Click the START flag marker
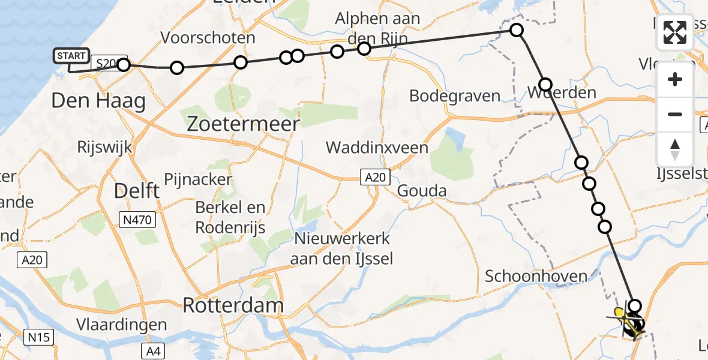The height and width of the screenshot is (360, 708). [71, 56]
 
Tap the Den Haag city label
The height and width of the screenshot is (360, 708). [98, 100]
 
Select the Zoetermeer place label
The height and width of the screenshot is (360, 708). [243, 124]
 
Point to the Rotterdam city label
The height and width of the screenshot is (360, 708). [232, 305]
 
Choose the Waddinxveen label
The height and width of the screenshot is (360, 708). [377, 148]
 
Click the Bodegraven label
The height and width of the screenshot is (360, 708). [455, 95]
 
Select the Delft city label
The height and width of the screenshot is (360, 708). [137, 191]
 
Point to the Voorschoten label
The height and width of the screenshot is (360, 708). [208, 38]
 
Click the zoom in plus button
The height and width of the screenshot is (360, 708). [675, 79]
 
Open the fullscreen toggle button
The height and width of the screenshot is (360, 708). [675, 32]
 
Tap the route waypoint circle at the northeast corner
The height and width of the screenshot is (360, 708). [516, 30]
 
